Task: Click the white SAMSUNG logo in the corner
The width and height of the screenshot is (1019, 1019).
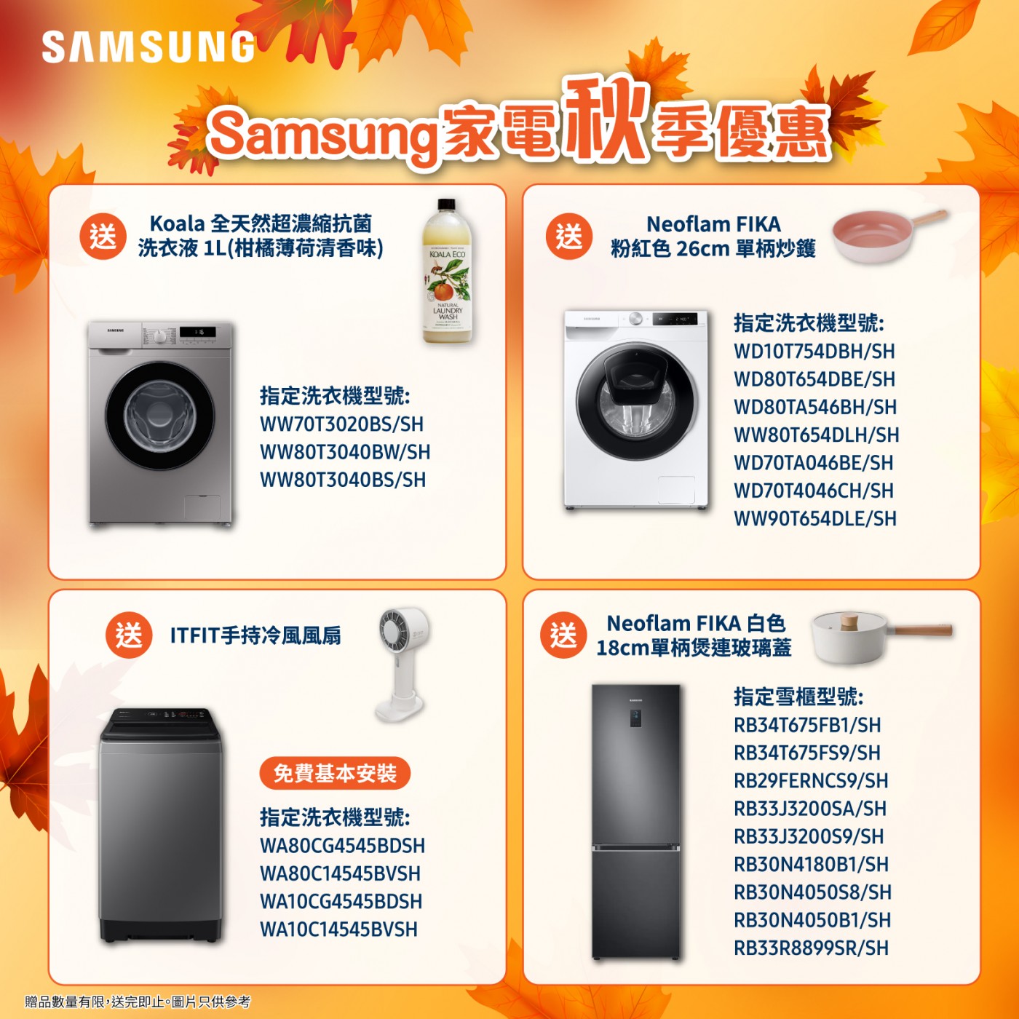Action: (148, 47)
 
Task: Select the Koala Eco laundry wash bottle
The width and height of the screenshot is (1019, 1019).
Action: (448, 271)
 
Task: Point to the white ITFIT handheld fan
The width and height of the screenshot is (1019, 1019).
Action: (403, 664)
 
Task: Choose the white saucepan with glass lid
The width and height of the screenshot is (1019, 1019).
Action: (881, 637)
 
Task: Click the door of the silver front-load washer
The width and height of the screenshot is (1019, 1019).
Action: (159, 416)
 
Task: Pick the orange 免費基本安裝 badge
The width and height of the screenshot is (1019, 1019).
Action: (335, 773)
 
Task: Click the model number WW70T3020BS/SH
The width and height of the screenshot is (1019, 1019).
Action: (341, 424)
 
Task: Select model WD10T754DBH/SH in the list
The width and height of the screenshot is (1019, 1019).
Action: (814, 351)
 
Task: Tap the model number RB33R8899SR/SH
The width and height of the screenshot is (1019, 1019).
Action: (811, 948)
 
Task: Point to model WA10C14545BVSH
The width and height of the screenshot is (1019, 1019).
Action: (338, 929)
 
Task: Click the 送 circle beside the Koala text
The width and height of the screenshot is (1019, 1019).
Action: (103, 236)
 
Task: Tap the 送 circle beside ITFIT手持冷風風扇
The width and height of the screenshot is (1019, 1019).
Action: (129, 635)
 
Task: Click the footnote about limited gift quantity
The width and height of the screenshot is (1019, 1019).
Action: (138, 1002)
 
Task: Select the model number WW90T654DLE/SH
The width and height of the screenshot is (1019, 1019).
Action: (815, 519)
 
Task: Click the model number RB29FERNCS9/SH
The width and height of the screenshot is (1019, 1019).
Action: (811, 780)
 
